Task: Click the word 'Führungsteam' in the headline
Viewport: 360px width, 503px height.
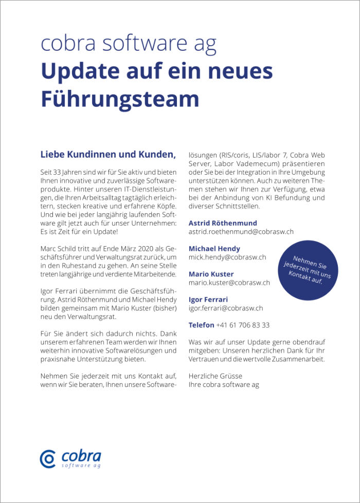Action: (x=119, y=97)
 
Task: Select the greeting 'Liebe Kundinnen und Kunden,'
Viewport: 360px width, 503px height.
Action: (x=108, y=154)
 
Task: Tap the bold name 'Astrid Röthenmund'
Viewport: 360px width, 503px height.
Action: (x=223, y=223)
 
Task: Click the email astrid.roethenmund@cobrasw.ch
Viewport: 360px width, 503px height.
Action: (x=241, y=232)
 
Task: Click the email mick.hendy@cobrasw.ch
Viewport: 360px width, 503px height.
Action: (x=227, y=257)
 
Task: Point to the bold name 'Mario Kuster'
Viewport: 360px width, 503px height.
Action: (x=211, y=274)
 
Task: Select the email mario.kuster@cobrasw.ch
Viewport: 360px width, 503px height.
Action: (x=229, y=283)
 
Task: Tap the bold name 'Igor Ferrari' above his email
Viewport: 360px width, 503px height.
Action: (x=208, y=300)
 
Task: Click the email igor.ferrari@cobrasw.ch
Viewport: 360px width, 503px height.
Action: (x=226, y=308)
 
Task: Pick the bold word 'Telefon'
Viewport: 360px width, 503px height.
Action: (x=201, y=325)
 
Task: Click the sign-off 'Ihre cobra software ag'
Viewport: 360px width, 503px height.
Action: (x=224, y=384)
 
